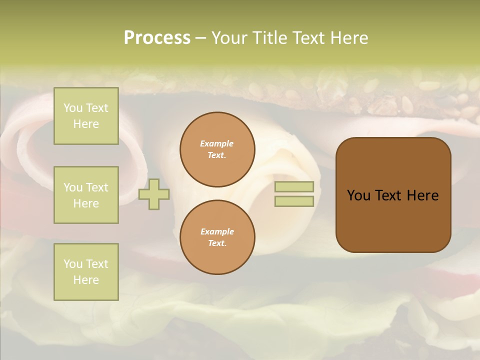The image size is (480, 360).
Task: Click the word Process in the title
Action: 157,38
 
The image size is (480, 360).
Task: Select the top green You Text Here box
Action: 86,116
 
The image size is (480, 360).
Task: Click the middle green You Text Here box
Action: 86,195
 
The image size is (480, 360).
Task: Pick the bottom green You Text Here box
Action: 86,272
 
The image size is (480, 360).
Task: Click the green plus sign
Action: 154,194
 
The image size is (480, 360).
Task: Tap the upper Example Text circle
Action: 217,149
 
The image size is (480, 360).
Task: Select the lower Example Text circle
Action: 217,237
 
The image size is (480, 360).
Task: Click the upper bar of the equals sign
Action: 294,186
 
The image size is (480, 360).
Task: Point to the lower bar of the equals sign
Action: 294,201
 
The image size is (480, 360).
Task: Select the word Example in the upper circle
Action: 217,143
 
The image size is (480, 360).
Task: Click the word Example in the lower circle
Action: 217,231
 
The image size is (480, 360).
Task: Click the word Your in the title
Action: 230,38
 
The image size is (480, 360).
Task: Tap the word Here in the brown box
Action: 422,195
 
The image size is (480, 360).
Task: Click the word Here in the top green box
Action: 86,124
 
